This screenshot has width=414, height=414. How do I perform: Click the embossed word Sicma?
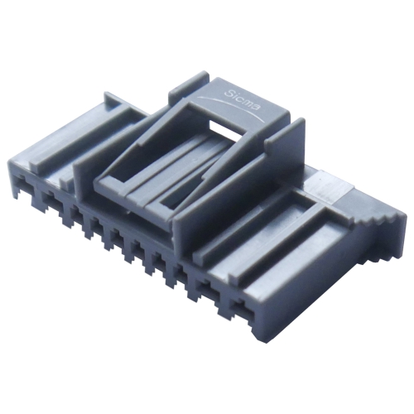[242, 99]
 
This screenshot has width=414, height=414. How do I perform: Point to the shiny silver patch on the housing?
[325, 185]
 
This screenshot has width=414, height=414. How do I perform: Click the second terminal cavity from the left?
[53, 201]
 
